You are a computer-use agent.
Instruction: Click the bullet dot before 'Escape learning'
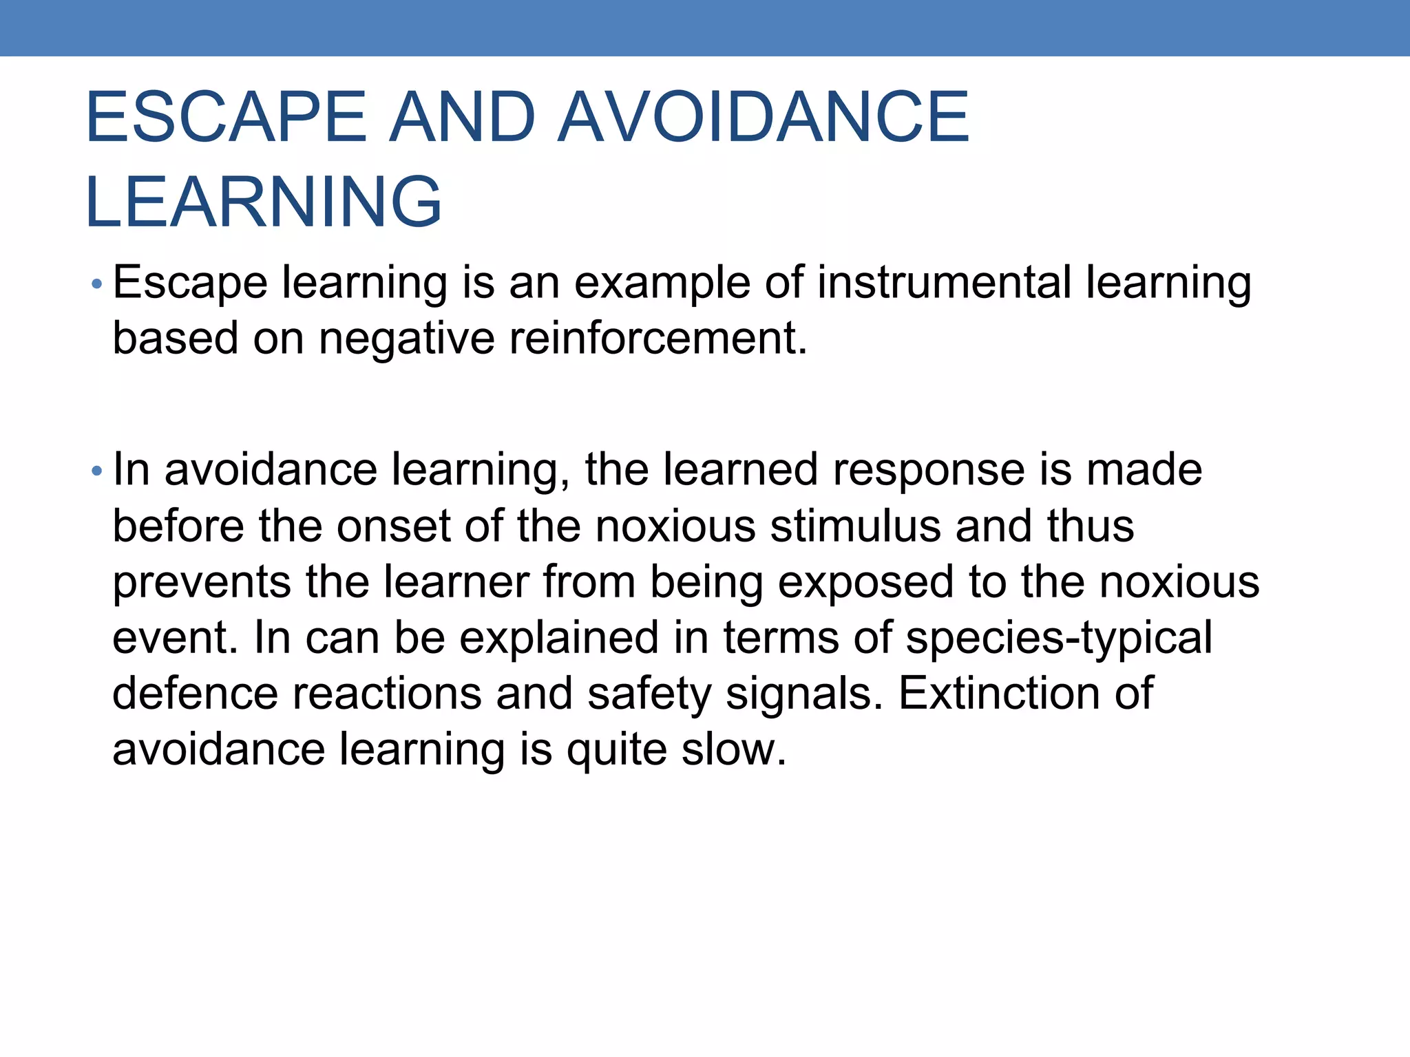pyautogui.click(x=97, y=284)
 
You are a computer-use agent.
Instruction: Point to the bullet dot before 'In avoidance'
pyautogui.click(x=97, y=471)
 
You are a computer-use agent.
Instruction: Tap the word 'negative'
pyautogui.click(x=407, y=339)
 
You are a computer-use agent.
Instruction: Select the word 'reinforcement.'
pyautogui.click(x=658, y=339)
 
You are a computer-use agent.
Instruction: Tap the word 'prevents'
pyautogui.click(x=202, y=583)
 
